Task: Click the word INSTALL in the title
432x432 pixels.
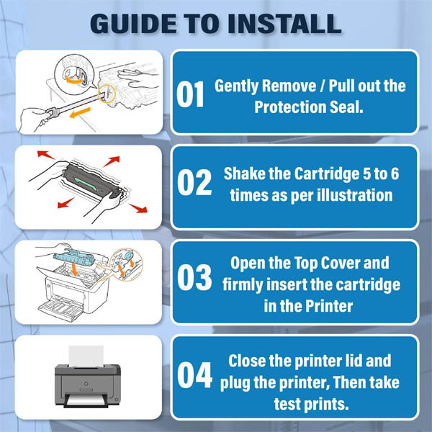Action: point(285,24)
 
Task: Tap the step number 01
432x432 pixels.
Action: point(190,94)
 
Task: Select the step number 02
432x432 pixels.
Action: point(194,182)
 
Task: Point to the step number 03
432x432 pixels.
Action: point(194,277)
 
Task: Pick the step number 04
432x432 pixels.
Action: point(194,375)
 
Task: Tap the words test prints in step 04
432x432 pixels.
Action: point(311,404)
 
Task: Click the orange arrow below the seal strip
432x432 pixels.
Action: point(80,113)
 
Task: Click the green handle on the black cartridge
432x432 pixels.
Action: point(86,184)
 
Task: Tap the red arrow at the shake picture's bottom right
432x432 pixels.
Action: point(138,208)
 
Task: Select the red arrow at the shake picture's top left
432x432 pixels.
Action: point(46,155)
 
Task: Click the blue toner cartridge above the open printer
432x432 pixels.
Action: point(74,258)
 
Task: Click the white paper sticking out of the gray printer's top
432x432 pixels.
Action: point(86,356)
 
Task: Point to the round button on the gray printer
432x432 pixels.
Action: point(86,384)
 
